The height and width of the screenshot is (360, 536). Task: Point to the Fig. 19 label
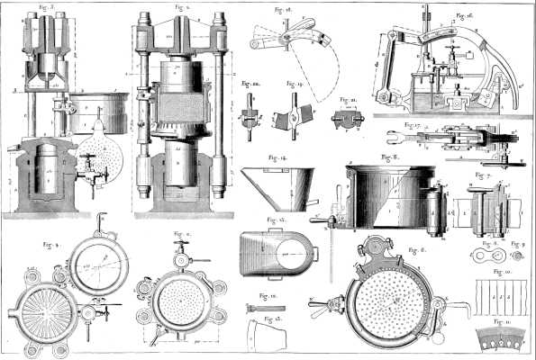click(x=291, y=83)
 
